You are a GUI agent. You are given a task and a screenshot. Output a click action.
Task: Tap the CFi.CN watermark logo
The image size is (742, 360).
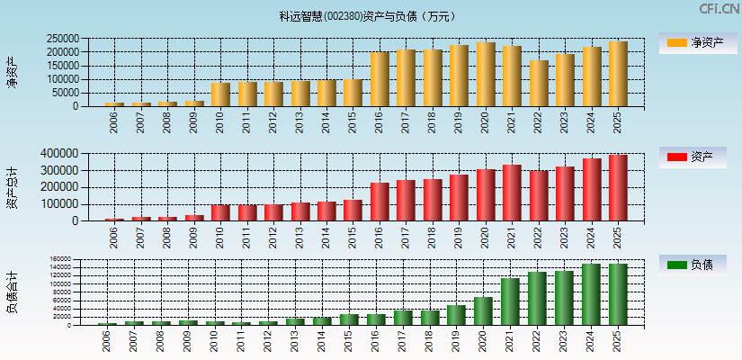[719, 9]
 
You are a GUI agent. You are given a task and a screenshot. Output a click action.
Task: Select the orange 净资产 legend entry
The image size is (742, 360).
[698, 42]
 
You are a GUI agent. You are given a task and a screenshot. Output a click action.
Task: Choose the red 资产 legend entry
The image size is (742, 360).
[698, 157]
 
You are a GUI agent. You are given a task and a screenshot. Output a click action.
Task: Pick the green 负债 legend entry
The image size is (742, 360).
[698, 265]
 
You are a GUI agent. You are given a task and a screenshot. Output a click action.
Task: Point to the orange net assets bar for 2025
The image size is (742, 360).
[618, 74]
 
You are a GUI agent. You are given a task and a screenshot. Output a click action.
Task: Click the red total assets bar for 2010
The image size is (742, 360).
[220, 212]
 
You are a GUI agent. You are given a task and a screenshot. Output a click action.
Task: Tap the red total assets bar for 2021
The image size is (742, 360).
[512, 193]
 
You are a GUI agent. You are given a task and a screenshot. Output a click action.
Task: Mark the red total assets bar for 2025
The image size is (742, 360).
[618, 187]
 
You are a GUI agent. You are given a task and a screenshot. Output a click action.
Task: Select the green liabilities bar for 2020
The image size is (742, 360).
[483, 311]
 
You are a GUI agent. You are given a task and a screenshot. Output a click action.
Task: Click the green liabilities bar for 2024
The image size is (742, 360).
[591, 294]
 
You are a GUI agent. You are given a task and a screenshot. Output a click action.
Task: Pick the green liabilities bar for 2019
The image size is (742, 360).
[456, 315]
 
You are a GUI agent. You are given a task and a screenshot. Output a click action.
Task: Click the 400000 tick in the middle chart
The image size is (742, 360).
[62, 154]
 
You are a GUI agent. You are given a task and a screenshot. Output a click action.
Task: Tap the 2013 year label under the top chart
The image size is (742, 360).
[300, 122]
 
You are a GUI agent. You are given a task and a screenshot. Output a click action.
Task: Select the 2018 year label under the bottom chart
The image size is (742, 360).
[431, 340]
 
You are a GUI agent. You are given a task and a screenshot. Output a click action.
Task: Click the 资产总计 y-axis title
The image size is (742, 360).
[12, 187]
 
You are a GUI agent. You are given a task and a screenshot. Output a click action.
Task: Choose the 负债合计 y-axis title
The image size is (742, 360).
[12, 292]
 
